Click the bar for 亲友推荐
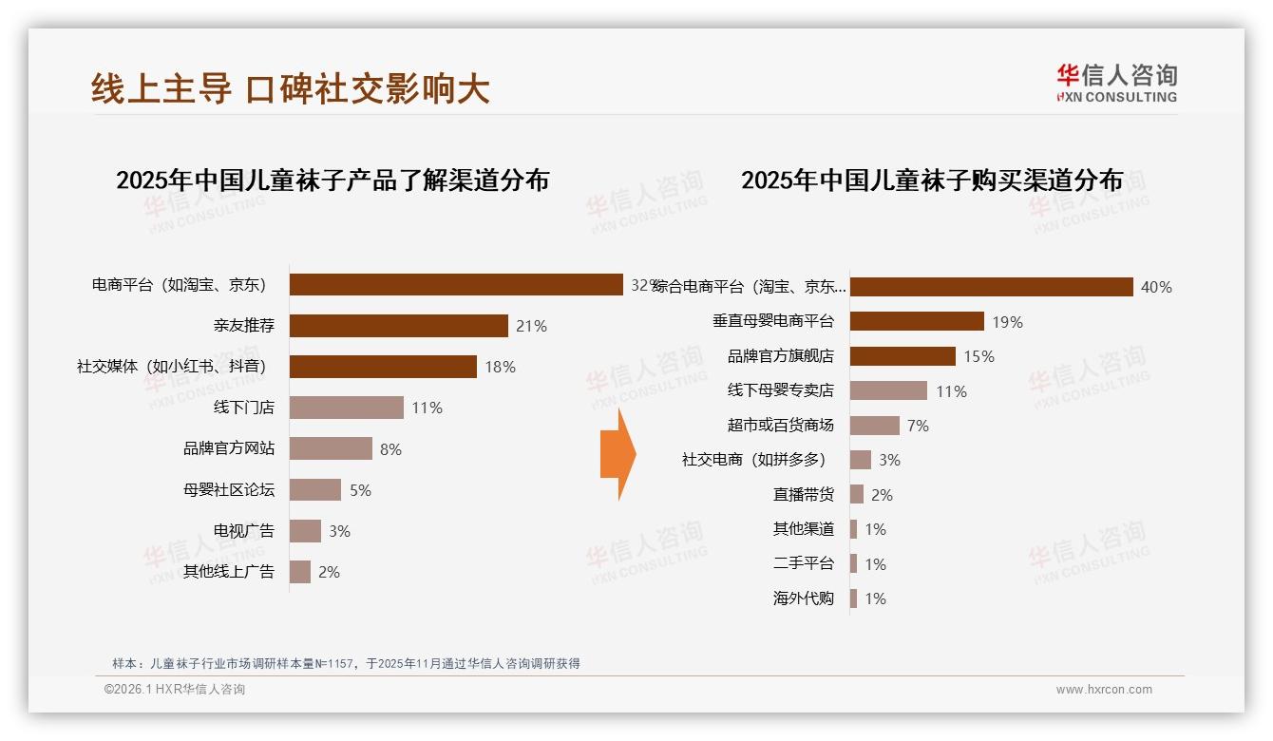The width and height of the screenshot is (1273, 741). click(x=398, y=326)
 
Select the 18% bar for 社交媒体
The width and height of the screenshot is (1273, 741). click(x=383, y=367)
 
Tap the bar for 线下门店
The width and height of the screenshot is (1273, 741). click(x=346, y=408)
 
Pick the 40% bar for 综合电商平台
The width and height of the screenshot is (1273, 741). click(x=991, y=287)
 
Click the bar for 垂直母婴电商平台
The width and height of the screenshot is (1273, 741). click(x=916, y=321)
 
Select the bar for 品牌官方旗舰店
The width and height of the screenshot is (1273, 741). click(x=902, y=356)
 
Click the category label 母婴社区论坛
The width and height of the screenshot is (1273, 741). click(x=228, y=490)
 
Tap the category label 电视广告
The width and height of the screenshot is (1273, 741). click(x=243, y=531)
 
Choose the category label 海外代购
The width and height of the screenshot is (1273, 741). click(x=803, y=598)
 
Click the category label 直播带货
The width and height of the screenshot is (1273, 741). click(x=803, y=495)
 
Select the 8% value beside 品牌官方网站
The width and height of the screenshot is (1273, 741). click(x=390, y=449)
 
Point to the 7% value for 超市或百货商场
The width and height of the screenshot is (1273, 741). click(x=918, y=426)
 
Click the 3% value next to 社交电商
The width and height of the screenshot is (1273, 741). click(x=889, y=460)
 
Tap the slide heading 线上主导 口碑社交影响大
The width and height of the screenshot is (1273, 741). click(x=291, y=88)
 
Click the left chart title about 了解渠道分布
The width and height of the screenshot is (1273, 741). click(x=332, y=180)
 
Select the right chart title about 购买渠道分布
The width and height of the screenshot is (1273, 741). click(x=932, y=180)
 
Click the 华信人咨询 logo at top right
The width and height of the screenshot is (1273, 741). click(x=1116, y=83)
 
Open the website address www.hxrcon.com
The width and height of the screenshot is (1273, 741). click(x=1104, y=690)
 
